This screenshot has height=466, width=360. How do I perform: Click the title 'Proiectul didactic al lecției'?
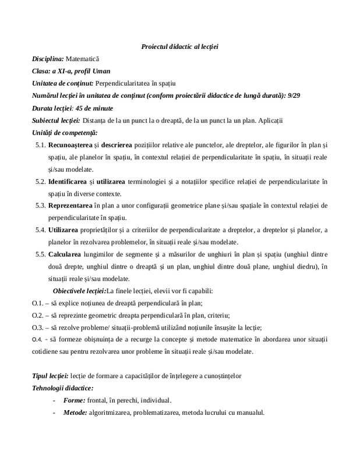[183, 46]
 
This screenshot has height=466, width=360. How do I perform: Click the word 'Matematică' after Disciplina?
[83, 59]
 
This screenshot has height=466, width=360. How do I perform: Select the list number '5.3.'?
[40, 206]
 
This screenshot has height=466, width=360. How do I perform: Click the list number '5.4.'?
[40, 230]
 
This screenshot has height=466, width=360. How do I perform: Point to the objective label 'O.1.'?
[38, 303]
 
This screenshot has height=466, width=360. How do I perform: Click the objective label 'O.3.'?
[38, 327]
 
